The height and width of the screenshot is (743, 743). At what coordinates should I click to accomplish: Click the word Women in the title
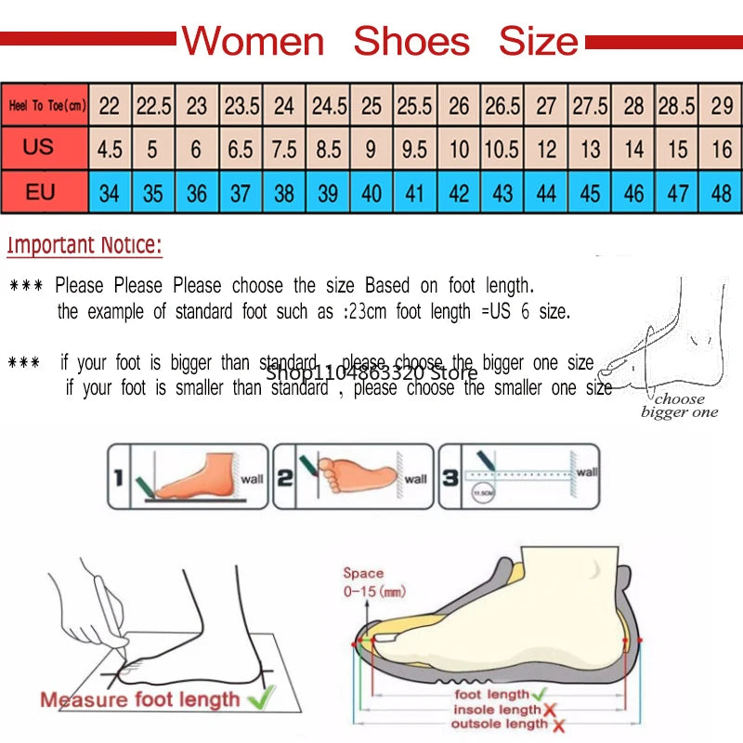[253, 42]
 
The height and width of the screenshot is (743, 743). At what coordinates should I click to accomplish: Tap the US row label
[39, 148]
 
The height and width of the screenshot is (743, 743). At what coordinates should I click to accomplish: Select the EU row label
[39, 192]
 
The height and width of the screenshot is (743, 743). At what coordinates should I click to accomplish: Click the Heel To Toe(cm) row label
[46, 106]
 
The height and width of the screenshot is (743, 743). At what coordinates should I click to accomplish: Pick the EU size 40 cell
[371, 193]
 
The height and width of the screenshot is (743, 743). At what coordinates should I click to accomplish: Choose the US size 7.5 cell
[284, 149]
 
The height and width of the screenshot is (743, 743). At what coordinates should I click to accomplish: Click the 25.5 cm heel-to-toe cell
[415, 106]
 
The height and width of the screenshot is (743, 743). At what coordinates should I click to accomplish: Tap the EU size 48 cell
[722, 193]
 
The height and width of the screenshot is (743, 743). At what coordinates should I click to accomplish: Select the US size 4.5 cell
[110, 149]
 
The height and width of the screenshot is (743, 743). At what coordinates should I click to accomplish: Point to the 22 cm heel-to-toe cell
[110, 106]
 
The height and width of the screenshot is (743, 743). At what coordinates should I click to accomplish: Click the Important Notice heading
[85, 246]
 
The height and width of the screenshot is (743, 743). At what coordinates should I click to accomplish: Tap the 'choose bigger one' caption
[680, 406]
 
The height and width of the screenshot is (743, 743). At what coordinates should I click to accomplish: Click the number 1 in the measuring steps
[118, 477]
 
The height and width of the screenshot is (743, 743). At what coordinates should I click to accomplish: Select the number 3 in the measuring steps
[450, 477]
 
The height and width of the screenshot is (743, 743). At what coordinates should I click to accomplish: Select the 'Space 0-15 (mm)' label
[362, 582]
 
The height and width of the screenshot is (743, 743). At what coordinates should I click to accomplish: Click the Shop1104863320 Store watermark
[371, 372]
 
